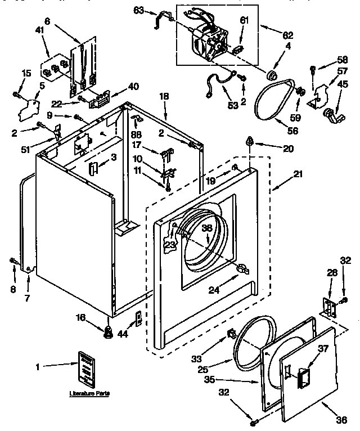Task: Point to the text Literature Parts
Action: click(x=88, y=392)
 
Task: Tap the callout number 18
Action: click(x=164, y=97)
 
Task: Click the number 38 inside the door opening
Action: click(x=208, y=228)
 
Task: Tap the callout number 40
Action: click(x=134, y=86)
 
